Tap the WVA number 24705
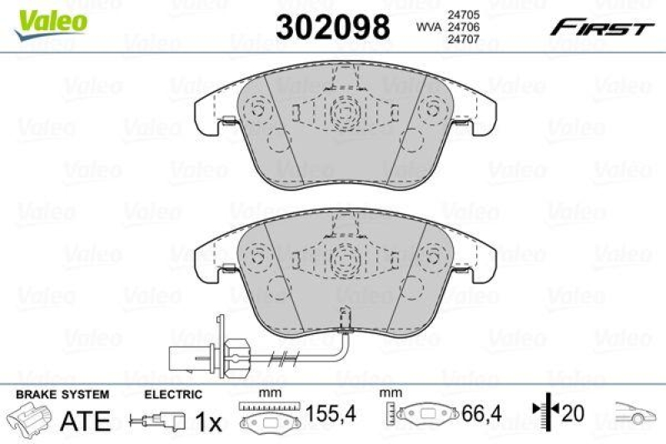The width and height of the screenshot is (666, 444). click(x=463, y=14)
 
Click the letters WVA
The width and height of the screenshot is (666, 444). click(x=428, y=27)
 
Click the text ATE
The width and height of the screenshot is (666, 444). click(x=86, y=422)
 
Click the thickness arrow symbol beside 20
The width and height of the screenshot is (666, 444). click(x=540, y=412)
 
